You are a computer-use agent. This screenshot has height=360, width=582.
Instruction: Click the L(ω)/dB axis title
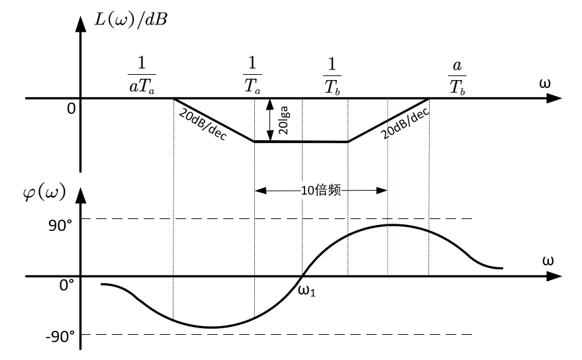[x=130, y=19]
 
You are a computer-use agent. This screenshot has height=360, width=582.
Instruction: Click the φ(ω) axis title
[x=44, y=193]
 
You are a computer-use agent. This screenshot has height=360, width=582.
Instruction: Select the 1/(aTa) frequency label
[x=142, y=75]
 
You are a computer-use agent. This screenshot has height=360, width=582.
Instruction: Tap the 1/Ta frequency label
[x=252, y=75]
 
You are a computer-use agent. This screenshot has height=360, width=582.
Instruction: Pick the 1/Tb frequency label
[x=332, y=76]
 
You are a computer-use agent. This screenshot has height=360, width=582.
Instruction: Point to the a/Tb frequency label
[x=458, y=77]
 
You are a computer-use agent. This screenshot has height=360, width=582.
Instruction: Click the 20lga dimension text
[x=283, y=120]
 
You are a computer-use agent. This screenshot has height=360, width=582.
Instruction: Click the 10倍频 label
[x=320, y=191]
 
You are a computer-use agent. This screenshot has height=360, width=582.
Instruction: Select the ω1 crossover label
[x=307, y=291]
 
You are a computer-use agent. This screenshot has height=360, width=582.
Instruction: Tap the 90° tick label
[x=60, y=226]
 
